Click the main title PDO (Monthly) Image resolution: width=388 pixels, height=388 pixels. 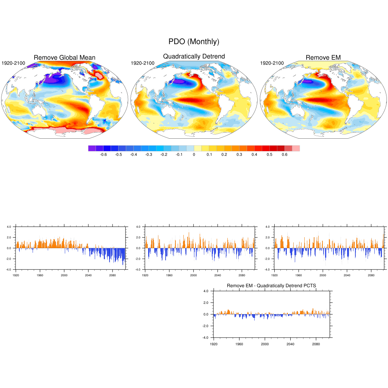[194, 42]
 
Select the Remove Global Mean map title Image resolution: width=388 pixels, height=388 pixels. [64, 58]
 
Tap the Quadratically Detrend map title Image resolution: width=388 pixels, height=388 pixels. [194, 56]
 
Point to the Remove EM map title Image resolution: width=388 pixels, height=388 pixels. [323, 58]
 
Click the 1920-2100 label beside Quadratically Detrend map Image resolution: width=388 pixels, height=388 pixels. [142, 63]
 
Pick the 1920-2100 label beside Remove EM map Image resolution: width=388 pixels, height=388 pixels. [272, 63]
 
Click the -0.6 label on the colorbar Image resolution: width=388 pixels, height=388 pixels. [103, 155]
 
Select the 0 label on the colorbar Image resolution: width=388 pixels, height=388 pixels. [194, 155]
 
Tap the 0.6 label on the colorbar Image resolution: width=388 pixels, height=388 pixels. [285, 155]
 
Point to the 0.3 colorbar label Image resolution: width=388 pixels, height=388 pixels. [239, 155]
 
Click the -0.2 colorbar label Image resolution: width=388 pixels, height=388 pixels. [163, 155]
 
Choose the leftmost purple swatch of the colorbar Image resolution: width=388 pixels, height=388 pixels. [92, 148]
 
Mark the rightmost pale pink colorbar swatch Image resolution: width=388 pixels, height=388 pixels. [296, 148]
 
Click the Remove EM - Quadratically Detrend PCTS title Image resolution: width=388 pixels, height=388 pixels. [271, 285]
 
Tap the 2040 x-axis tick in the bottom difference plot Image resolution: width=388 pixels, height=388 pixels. [290, 344]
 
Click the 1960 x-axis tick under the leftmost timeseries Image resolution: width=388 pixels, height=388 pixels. [40, 275]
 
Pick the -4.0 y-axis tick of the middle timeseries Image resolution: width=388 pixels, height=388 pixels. [138, 269]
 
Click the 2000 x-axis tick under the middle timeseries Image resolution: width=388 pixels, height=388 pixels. [194, 275]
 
